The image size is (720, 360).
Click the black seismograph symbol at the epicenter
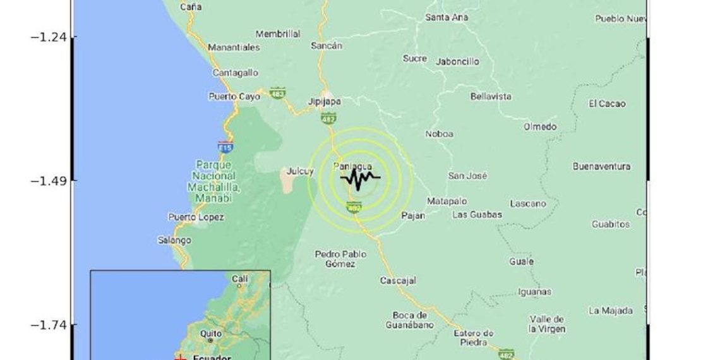(360, 180)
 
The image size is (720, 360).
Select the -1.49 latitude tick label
(49, 181)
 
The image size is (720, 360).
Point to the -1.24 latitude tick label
(49, 37)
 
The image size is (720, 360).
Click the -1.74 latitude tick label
(49, 325)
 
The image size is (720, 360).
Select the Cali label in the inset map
(240, 279)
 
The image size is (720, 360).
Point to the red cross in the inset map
(181, 357)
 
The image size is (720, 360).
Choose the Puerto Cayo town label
(234, 97)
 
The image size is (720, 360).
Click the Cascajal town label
(397, 280)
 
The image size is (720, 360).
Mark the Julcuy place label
(300, 171)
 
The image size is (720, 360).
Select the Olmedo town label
(540, 126)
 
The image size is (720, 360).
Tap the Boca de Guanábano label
(410, 320)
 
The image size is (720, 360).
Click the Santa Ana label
(447, 18)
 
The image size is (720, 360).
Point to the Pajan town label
(413, 215)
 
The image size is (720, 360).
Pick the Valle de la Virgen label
(548, 324)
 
